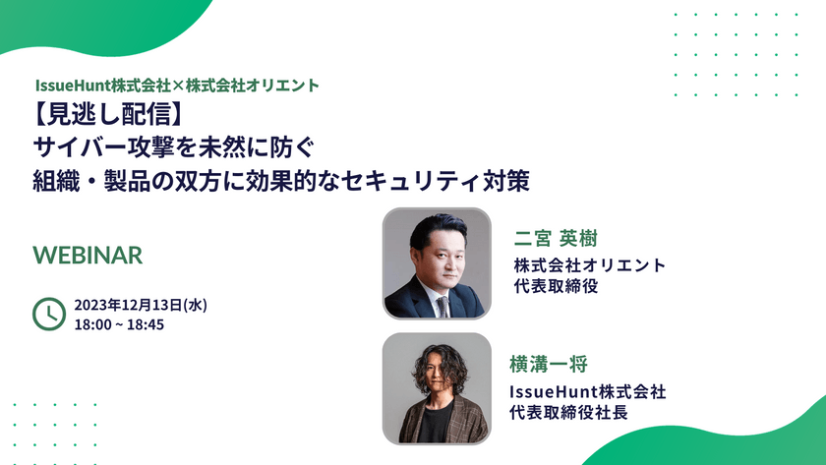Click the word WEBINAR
pyautogui.click(x=88, y=255)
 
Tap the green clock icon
pyautogui.click(x=48, y=314)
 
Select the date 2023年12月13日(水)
pyautogui.click(x=140, y=305)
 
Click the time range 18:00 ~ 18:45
pyautogui.click(x=118, y=324)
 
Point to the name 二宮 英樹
pyautogui.click(x=556, y=239)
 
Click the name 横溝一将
pyautogui.click(x=549, y=364)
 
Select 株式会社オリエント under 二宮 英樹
pyautogui.click(x=590, y=265)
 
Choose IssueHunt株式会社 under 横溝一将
pyautogui.click(x=587, y=391)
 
